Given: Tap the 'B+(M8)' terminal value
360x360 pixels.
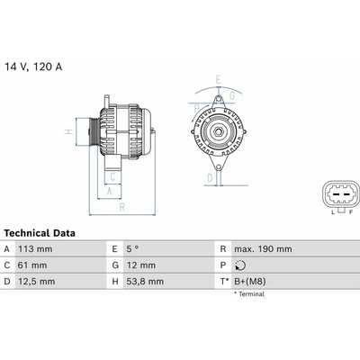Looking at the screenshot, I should (254, 282).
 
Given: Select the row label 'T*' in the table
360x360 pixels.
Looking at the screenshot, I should (223, 282).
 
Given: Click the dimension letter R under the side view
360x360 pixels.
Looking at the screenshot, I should (121, 206).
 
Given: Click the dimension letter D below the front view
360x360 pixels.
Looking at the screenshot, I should (209, 178).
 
